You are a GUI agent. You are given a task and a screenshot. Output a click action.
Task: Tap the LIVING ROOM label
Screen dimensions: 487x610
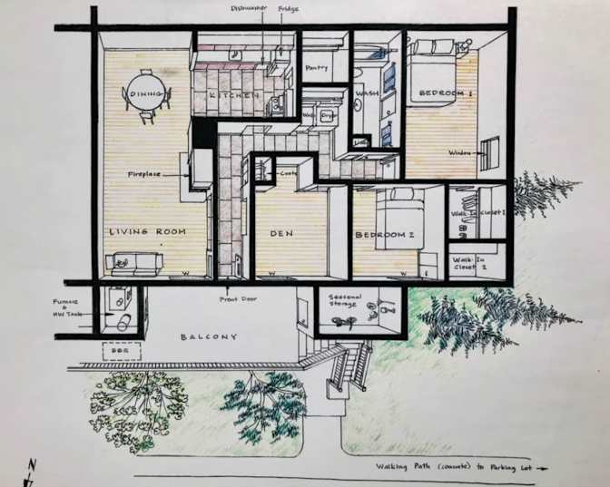147,232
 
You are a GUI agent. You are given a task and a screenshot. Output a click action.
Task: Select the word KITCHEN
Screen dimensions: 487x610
223,95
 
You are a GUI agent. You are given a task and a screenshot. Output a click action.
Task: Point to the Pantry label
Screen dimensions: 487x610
317,67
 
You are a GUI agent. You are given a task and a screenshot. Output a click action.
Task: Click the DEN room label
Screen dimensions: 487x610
280,233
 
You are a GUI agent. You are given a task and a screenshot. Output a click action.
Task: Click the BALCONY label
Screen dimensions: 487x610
208,337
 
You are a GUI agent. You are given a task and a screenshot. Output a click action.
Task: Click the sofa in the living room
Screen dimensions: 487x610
133,264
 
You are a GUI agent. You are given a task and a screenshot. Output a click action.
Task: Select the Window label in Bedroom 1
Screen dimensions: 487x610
460,152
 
